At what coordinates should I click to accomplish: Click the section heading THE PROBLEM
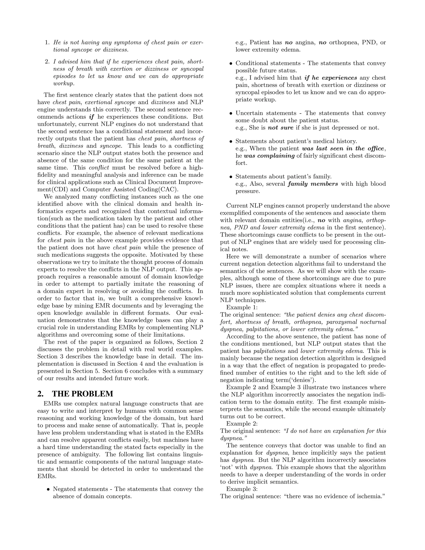click(x=83, y=394)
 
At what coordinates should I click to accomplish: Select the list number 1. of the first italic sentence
click(x=47, y=42)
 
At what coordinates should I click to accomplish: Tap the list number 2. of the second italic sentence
click(x=47, y=62)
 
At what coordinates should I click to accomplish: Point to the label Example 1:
click(x=242, y=308)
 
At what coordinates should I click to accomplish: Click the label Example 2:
click(x=242, y=424)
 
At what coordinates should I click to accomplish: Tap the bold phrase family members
click(x=313, y=184)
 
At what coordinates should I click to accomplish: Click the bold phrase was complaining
click(x=269, y=156)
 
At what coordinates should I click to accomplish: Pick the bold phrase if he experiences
click(x=331, y=78)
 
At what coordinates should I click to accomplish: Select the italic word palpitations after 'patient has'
click(x=269, y=351)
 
